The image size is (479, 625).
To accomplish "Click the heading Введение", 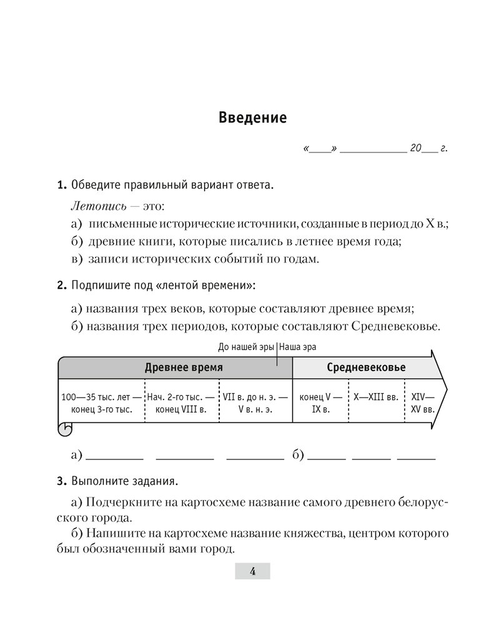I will pyautogui.click(x=252, y=117).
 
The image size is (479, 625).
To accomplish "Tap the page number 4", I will pyautogui.click(x=252, y=571).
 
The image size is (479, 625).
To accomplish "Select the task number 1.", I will pyautogui.click(x=61, y=186).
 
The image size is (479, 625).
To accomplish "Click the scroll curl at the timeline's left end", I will pyautogui.click(x=65, y=428).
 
